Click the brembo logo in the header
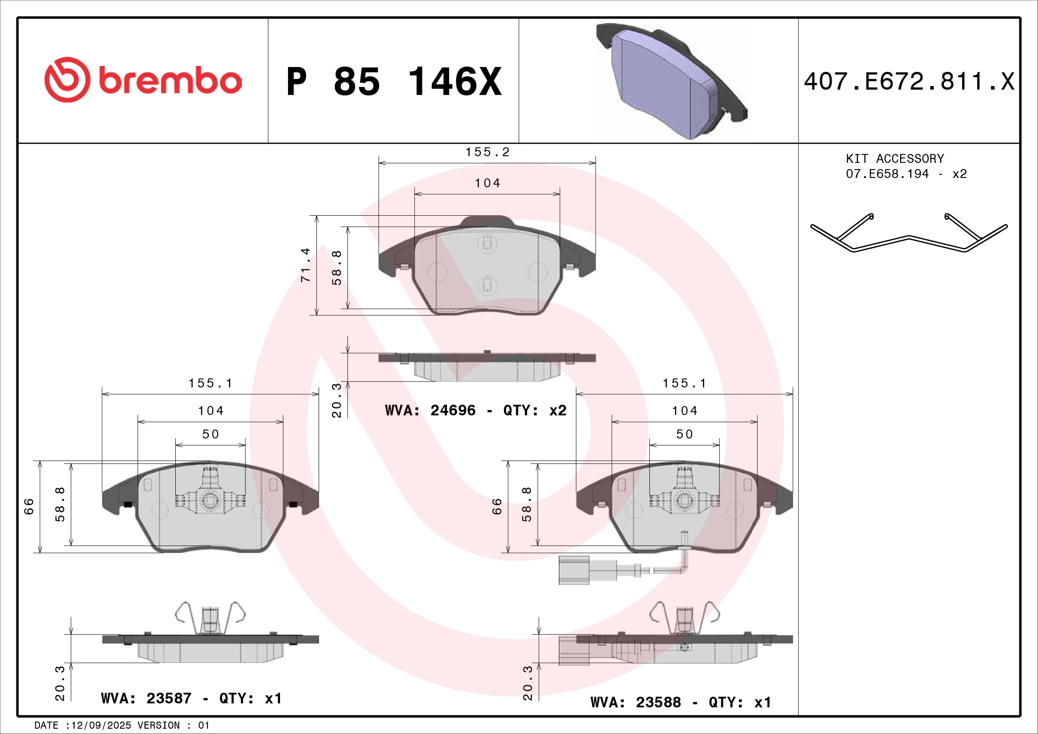tap(143, 80)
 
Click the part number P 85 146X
tap(394, 82)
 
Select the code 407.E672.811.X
tap(909, 82)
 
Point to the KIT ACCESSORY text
tap(895, 158)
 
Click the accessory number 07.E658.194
tap(887, 174)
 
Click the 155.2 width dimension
tap(487, 152)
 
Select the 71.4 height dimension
tap(306, 265)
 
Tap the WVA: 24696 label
tap(430, 410)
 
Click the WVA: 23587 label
tap(146, 698)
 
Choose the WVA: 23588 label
tap(635, 702)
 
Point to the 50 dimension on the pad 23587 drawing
tap(210, 434)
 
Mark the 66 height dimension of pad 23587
tap(29, 506)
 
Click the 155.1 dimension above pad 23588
tap(684, 384)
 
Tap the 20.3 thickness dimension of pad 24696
tap(337, 400)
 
